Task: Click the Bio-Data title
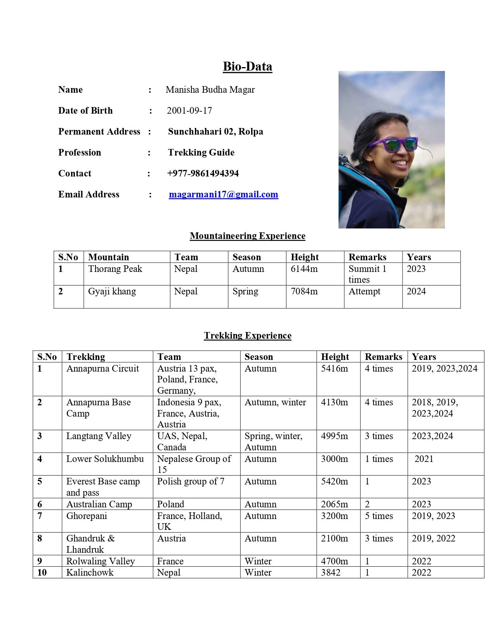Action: click(247, 66)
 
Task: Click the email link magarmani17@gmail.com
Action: click(223, 194)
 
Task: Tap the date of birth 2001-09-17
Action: click(189, 111)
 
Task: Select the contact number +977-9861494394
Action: click(203, 173)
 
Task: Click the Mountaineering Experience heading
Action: click(247, 236)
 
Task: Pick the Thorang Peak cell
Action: click(115, 269)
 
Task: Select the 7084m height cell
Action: click(304, 291)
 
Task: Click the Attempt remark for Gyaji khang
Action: click(364, 291)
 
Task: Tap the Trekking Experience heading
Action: click(247, 336)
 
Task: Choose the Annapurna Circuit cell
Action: click(102, 368)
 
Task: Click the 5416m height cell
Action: click(334, 368)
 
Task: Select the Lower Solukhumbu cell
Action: click(105, 459)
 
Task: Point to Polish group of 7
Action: click(191, 481)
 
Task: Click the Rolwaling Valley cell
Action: click(101, 561)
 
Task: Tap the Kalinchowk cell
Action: click(90, 573)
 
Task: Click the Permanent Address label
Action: click(99, 131)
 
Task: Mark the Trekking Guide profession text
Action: click(201, 152)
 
